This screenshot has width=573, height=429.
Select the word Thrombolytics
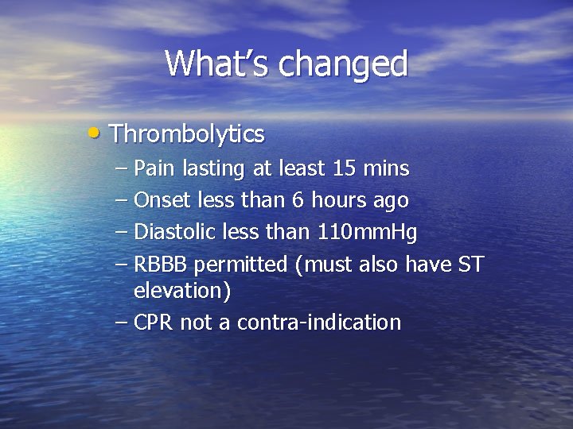[x=187, y=134]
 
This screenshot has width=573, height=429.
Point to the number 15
[x=345, y=168]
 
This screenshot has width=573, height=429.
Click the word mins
[x=387, y=168]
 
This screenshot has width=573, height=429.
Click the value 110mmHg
[x=367, y=233]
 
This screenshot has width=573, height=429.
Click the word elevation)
[x=182, y=291]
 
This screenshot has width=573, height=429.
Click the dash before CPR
[x=121, y=323]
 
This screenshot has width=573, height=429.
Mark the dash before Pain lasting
[x=121, y=168]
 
